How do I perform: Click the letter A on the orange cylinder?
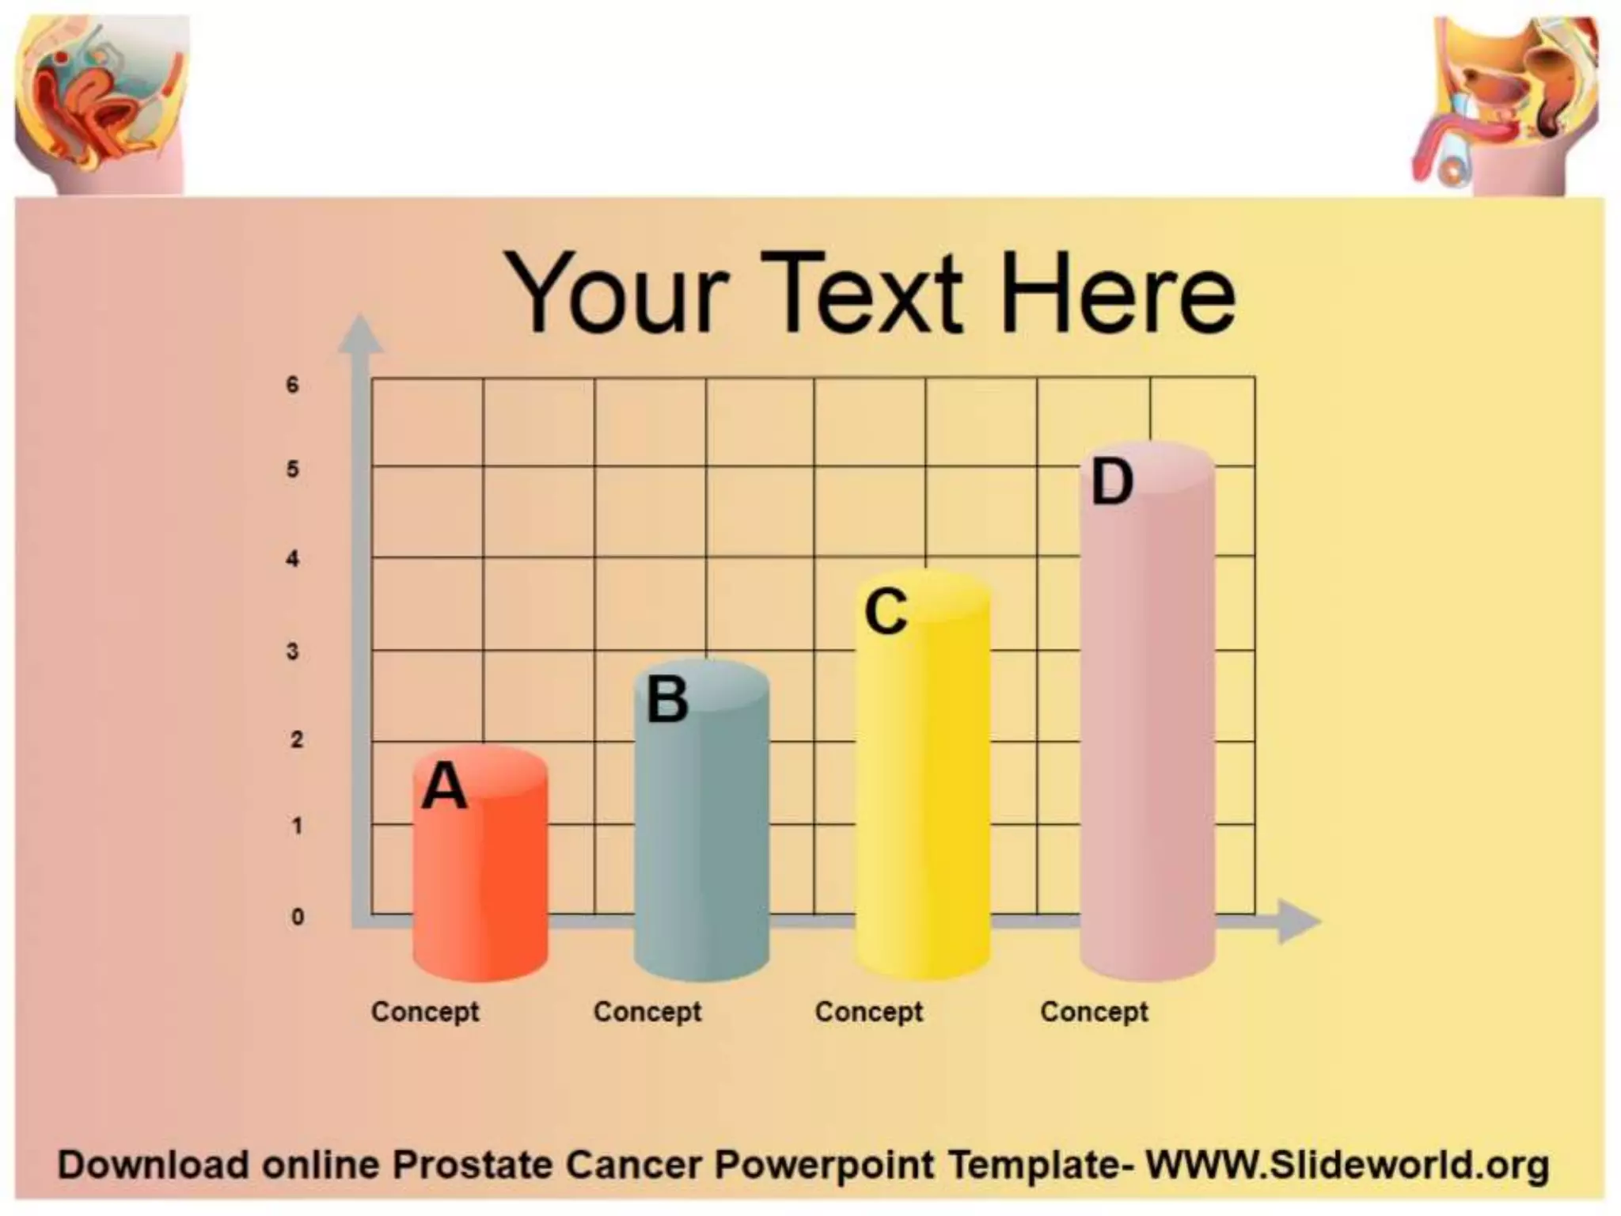coord(445,786)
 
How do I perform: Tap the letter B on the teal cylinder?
coord(667,700)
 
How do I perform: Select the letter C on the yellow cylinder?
coord(886,611)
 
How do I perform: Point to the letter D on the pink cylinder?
coord(1111,482)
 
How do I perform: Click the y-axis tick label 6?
coord(293,386)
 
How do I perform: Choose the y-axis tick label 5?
coord(293,469)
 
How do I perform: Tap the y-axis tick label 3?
coord(293,652)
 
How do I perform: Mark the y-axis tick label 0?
coord(298,917)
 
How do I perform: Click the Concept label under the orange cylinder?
coord(425,1012)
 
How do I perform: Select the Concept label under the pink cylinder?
coord(1094,1012)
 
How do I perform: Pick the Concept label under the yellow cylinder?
coord(869,1012)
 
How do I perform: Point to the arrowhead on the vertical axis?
coord(361,334)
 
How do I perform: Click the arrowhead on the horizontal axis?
coord(1296,921)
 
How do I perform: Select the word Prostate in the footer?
coord(472,1165)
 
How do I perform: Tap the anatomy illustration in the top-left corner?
coord(101,103)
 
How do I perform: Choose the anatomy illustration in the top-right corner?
coord(1508,107)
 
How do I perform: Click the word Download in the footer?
coord(154,1165)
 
